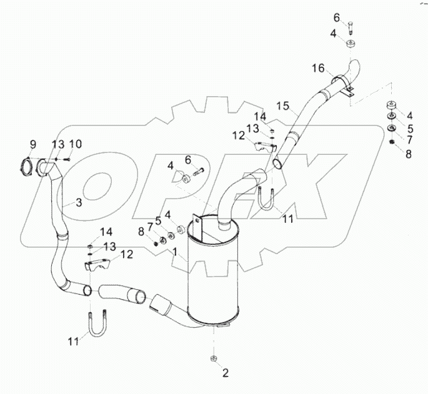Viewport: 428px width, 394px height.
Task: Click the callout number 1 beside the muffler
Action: (175, 252)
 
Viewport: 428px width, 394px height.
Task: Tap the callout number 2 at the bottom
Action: (226, 373)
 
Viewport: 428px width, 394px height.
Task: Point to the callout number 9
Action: (33, 145)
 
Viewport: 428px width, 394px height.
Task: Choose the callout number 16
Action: (318, 67)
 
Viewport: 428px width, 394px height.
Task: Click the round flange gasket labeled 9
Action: (26, 167)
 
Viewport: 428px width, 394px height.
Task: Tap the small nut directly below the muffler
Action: (214, 359)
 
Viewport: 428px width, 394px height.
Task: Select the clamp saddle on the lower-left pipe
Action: (99, 266)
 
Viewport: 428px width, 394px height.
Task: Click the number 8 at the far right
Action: (408, 154)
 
